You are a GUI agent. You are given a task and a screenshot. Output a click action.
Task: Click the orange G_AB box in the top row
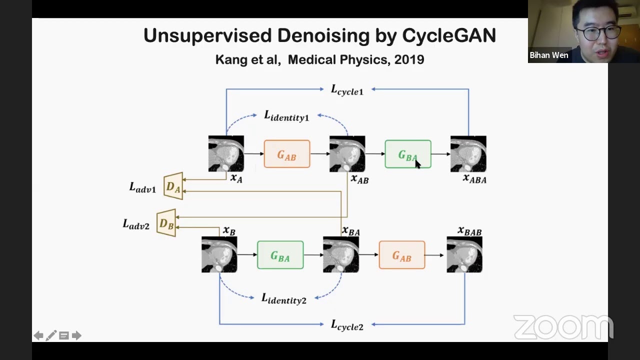(x=286, y=154)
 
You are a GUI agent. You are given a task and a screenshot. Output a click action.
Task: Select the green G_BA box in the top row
(x=407, y=154)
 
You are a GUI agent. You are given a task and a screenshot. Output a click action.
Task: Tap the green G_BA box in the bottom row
(x=280, y=255)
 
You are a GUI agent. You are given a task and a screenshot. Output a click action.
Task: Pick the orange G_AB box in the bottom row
(x=401, y=255)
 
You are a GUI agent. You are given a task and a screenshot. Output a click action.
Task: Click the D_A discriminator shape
(x=173, y=186)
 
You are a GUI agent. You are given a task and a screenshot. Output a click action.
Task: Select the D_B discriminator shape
(x=166, y=223)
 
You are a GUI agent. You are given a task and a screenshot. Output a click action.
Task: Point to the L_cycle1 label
(x=347, y=90)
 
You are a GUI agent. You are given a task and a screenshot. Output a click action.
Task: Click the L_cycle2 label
(x=347, y=325)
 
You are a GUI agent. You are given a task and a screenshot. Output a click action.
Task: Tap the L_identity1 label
(x=286, y=116)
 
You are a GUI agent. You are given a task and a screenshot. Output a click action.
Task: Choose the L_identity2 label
(x=284, y=298)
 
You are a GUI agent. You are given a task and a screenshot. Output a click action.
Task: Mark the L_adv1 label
(x=142, y=187)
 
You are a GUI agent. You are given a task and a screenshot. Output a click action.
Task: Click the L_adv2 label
(x=136, y=224)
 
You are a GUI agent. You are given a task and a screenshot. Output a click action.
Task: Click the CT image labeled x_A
(x=226, y=154)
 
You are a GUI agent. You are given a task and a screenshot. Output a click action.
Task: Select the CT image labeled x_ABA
(x=468, y=154)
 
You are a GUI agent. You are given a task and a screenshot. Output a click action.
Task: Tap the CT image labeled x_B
(x=219, y=255)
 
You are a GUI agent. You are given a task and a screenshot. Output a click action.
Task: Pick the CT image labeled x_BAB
(x=464, y=255)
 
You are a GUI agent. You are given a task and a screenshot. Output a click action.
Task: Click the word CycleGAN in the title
(x=448, y=35)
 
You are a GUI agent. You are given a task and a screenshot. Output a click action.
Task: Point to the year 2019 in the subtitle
(x=409, y=59)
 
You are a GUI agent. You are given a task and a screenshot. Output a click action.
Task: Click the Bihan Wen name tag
(x=548, y=55)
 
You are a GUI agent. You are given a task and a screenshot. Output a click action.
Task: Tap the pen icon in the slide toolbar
(x=51, y=335)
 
